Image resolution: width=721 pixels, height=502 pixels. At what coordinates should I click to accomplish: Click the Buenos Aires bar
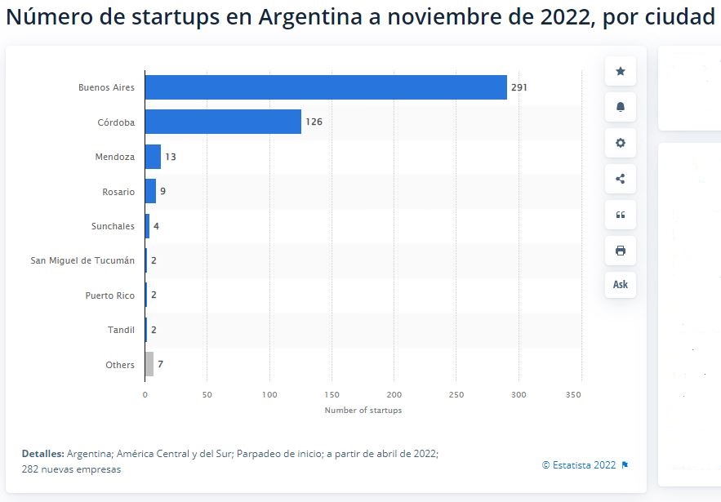point(326,87)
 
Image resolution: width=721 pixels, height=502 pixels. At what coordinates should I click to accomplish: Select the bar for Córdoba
point(223,122)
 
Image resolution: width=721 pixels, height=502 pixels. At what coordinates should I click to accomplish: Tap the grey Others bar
point(149,364)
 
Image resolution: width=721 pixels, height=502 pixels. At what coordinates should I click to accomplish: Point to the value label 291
point(519,87)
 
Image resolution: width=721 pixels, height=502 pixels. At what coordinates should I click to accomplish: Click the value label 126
point(314,122)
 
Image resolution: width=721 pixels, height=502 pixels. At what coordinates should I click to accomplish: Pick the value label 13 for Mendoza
point(170,157)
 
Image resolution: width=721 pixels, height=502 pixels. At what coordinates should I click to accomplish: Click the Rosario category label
point(118,192)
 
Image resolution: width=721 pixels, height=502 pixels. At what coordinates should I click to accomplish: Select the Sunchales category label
point(113,226)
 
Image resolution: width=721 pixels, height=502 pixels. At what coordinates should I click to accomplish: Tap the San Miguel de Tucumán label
point(82,260)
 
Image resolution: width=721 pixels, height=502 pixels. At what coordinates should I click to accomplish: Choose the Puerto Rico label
point(109,295)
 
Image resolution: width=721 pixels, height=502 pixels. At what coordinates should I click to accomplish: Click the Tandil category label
point(121,330)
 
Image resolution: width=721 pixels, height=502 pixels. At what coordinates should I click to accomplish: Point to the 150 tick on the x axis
point(332,395)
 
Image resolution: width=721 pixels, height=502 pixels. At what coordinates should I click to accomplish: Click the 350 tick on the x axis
point(581,395)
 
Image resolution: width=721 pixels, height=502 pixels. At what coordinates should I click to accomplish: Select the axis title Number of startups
point(363,410)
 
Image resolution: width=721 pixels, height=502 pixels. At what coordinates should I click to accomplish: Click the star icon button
point(620,72)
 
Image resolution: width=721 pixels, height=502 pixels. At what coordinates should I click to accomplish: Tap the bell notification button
point(620,108)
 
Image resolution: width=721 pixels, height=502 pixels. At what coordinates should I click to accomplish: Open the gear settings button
point(620,143)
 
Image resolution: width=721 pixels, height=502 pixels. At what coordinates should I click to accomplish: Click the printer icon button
point(620,250)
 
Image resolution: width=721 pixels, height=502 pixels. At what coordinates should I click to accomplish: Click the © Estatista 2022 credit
point(579,465)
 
